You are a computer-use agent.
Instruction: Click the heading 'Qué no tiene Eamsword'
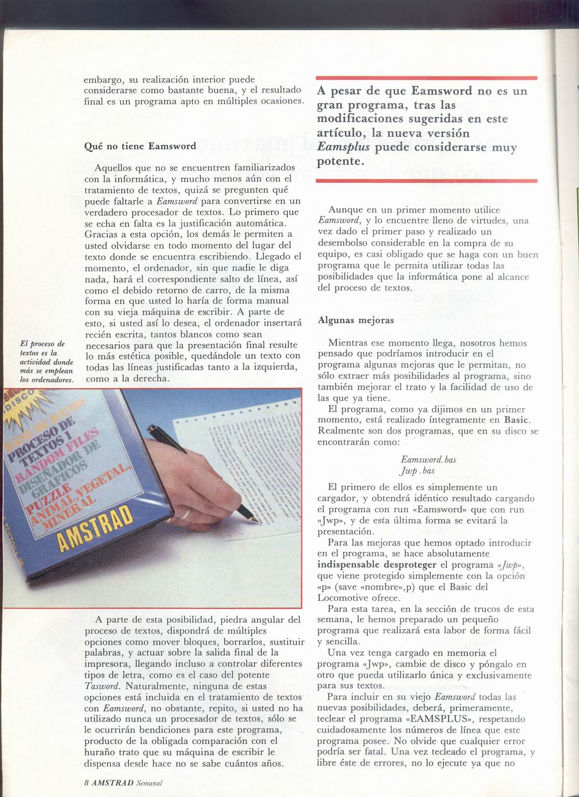pos(140,146)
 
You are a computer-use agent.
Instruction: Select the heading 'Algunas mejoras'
pos(355,320)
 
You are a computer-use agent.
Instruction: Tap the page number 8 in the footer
pos(86,783)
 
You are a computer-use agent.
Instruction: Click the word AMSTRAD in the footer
pos(112,783)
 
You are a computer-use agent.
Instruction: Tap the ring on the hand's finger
pos(187,513)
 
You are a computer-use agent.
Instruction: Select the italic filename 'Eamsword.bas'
pos(428,459)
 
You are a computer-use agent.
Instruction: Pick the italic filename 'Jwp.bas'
pos(418,471)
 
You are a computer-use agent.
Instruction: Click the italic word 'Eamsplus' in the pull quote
pos(343,147)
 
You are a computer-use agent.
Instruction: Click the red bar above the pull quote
pos(427,78)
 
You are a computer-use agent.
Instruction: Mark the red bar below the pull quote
pos(427,181)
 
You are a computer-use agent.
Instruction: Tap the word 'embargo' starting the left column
pos(104,80)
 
